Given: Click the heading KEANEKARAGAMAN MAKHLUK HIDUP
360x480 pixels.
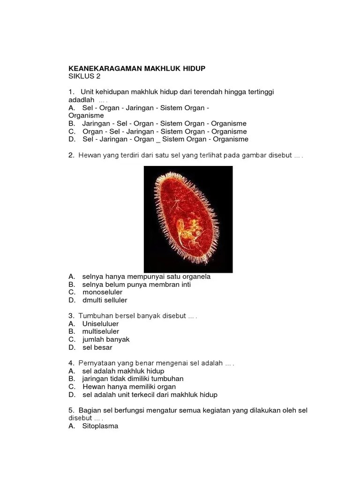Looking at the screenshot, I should [137, 68].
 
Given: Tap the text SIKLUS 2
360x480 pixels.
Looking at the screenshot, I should [84, 76].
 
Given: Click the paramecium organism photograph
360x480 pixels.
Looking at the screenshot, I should [188, 219].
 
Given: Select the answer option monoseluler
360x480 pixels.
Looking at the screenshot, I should [102, 292].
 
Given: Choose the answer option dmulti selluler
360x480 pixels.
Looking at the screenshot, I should [105, 300].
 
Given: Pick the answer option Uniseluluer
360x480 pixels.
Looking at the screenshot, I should [100, 324].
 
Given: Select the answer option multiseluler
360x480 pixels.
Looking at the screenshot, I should [101, 332].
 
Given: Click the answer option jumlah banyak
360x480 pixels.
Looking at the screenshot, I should [106, 340].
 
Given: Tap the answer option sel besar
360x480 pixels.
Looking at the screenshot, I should [97, 348].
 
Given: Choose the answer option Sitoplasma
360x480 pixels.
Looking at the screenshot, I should [100, 426].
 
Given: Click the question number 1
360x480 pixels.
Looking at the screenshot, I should [71, 92].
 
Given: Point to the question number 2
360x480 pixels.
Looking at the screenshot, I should [71, 155].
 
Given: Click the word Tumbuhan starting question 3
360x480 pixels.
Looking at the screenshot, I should [95, 316].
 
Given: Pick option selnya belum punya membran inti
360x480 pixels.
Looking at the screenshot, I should [136, 285].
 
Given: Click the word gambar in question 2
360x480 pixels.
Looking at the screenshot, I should [255, 155].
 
